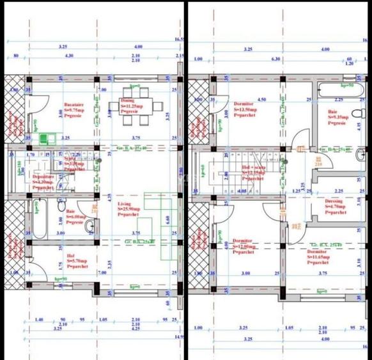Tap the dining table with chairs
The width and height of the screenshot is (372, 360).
(136, 97)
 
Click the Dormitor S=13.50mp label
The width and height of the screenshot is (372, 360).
(245, 107)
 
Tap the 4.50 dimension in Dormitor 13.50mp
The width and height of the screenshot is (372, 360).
(261, 100)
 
